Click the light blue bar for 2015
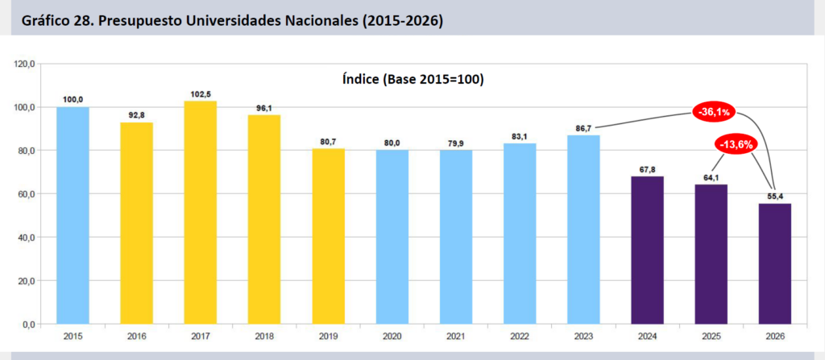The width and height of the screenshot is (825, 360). [73, 216]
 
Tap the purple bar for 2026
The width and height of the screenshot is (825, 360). [774, 264]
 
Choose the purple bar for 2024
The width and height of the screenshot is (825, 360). [647, 250]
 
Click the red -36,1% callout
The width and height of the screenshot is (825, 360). [715, 112]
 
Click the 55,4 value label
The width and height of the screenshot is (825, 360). [774, 196]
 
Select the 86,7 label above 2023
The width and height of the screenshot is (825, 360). [583, 128]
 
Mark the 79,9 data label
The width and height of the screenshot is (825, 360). [456, 143]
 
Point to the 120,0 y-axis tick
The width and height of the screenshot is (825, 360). [25, 64]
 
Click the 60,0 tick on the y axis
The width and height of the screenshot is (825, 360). [27, 194]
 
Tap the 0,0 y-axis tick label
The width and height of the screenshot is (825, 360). [29, 325]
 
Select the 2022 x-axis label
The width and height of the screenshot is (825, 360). [520, 337]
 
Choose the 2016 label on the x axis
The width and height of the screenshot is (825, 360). [137, 337]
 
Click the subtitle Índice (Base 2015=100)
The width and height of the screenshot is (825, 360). [412, 79]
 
